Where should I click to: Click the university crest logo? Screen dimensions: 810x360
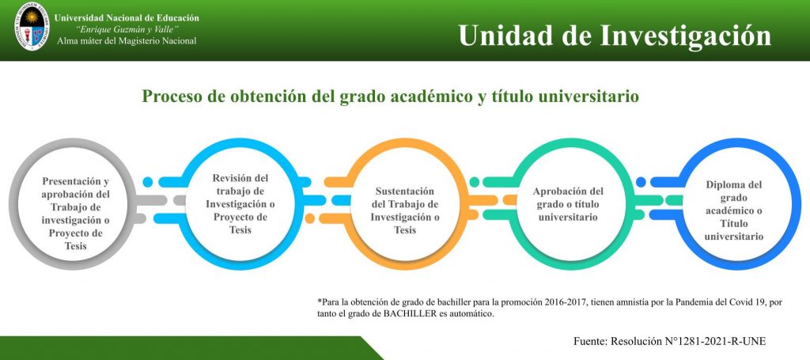coord(32,26)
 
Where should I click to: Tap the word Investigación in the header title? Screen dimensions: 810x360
coord(686,35)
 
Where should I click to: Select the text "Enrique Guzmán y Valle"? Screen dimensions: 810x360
coord(127,29)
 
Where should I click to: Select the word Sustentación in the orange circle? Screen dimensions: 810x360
coord(404,191)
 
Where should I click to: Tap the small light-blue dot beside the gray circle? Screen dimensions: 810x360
coord(148,182)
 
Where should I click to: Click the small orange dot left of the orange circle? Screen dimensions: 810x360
coord(310,218)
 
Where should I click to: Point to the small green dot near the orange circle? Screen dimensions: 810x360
coord(475,182)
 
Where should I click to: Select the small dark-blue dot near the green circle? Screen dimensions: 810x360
coord(641,182)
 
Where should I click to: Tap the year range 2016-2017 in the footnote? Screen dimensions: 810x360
coord(566,301)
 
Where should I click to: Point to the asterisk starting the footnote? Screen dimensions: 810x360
coord(320,301)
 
